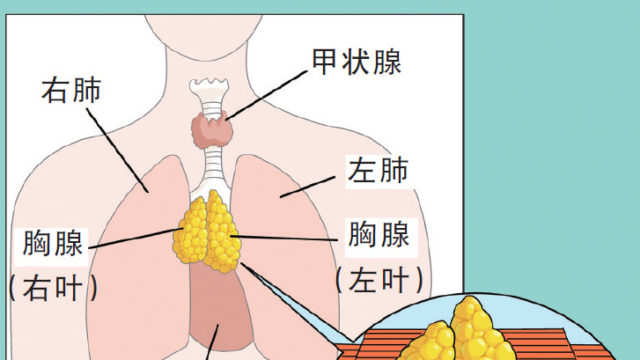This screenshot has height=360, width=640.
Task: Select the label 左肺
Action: pos(379,170)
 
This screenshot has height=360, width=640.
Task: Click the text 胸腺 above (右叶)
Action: pos(54,243)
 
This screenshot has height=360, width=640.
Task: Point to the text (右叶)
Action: pos(53,286)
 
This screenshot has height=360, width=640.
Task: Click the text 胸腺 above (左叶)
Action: pos(379,235)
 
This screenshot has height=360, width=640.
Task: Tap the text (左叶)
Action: pos(379,280)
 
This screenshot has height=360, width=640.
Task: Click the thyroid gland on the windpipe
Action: pos(211,130)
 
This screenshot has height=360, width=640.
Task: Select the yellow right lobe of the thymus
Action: pos(194,231)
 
